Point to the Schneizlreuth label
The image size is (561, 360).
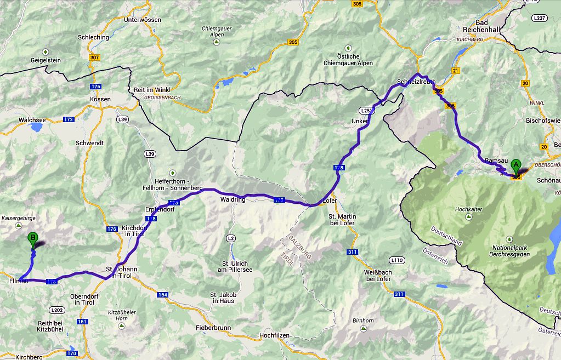(x=416, y=82)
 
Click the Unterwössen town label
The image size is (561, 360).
(x=143, y=20)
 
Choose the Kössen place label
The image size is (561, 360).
(x=100, y=99)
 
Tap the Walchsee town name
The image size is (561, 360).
(x=32, y=119)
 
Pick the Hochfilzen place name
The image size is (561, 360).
(x=274, y=335)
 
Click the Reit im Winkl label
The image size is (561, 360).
(x=152, y=89)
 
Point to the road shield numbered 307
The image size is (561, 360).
(x=94, y=58)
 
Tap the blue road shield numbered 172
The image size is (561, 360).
(x=69, y=119)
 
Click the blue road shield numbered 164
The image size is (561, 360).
(x=162, y=295)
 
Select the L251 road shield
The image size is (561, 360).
(x=366, y=110)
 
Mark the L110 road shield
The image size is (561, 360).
(x=397, y=259)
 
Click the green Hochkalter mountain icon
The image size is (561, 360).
(x=468, y=217)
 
